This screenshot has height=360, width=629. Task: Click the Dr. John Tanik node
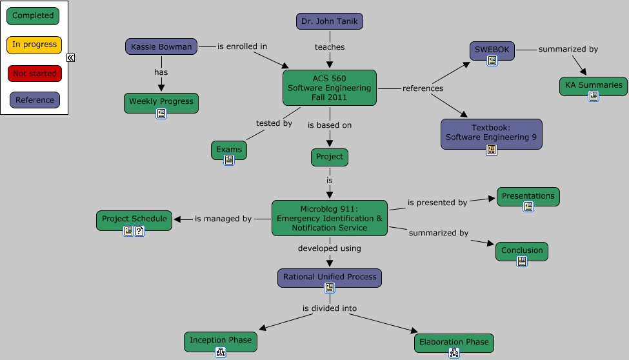coord(330,21)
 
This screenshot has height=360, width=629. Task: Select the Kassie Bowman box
coord(161,46)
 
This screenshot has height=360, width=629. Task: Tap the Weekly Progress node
coord(161,101)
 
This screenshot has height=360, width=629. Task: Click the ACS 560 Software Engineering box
coord(329,88)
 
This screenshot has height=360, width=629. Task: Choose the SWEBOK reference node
coord(492,50)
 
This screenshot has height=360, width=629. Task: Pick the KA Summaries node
coord(593,85)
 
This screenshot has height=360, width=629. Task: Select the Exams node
coord(229,150)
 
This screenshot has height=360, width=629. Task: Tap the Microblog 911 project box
coord(329,218)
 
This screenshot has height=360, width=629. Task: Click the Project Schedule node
coord(134,219)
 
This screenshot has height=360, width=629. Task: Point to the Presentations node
coord(528,196)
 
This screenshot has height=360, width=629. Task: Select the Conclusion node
coord(521,250)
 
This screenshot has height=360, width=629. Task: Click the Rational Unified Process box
coord(329,277)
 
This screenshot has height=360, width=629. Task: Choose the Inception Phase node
coord(220,341)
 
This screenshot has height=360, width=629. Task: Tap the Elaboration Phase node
coord(454,342)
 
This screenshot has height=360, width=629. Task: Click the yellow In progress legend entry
coord(34,45)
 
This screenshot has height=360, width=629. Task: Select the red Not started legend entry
coord(34,74)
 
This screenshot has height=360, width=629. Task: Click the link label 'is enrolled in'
coord(242,46)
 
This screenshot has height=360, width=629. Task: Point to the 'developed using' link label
coord(329,248)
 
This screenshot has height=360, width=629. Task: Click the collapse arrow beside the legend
coord(71,57)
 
